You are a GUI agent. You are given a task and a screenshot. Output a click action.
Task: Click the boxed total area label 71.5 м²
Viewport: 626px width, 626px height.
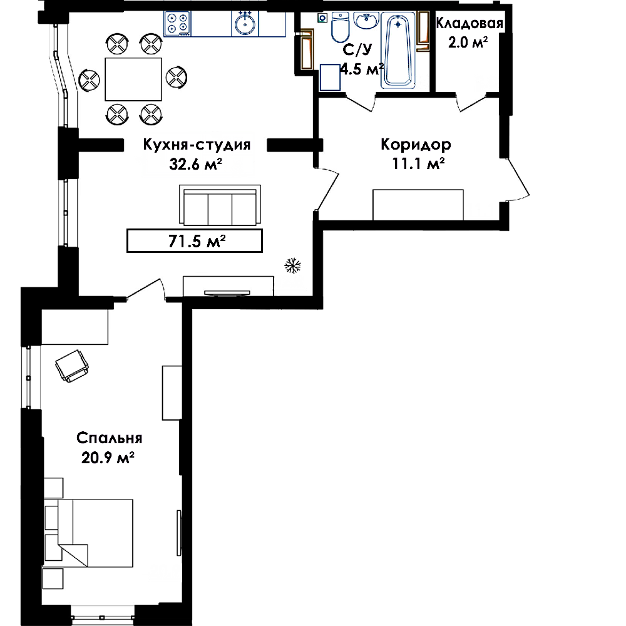pyautogui.click(x=195, y=241)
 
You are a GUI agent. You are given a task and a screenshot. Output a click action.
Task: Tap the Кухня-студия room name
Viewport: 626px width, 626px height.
pyautogui.click(x=197, y=145)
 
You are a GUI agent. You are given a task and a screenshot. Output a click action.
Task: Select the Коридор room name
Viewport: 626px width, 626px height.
pyautogui.click(x=416, y=144)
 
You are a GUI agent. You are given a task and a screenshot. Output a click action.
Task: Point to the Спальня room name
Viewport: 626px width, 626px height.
pyautogui.click(x=109, y=438)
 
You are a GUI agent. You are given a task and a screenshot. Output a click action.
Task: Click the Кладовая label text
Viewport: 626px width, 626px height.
pyautogui.click(x=469, y=23)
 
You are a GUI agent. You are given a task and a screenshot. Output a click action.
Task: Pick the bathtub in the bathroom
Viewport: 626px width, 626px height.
pyautogui.click(x=398, y=50)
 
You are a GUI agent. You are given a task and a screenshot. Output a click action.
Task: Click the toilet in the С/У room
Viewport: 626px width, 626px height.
pyautogui.click(x=340, y=27)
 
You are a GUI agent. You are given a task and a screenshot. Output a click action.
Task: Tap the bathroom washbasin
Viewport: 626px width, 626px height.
pyautogui.click(x=366, y=21)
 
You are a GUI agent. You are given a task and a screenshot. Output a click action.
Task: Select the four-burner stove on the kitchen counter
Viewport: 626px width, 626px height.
pyautogui.click(x=177, y=24)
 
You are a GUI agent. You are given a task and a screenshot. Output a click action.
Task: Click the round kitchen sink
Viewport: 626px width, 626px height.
pyautogui.click(x=245, y=24)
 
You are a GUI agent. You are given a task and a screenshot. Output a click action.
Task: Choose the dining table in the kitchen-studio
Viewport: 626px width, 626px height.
pyautogui.click(x=133, y=79)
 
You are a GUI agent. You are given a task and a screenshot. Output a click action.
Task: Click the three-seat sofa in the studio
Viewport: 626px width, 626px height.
pyautogui.click(x=220, y=205)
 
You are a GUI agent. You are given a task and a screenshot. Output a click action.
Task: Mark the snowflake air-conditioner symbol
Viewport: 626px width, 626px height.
pyautogui.click(x=292, y=266)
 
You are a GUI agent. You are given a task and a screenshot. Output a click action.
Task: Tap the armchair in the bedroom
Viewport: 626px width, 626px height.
pyautogui.click(x=72, y=366)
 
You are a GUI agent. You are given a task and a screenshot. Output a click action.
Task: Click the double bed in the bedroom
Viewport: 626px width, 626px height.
pyautogui.click(x=88, y=533)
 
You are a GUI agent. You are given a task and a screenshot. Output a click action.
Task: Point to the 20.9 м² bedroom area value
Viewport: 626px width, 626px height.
pyautogui.click(x=108, y=458)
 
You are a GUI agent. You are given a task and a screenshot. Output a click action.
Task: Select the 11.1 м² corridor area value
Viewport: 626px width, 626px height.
pyautogui.click(x=419, y=163)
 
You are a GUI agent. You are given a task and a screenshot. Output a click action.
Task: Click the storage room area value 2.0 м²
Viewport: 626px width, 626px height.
pyautogui.click(x=468, y=42)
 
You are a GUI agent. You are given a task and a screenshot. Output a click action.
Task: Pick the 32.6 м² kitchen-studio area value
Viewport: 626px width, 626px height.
pyautogui.click(x=195, y=163)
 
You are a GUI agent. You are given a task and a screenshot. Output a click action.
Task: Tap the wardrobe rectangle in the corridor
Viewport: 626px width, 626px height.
pyautogui.click(x=418, y=205)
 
